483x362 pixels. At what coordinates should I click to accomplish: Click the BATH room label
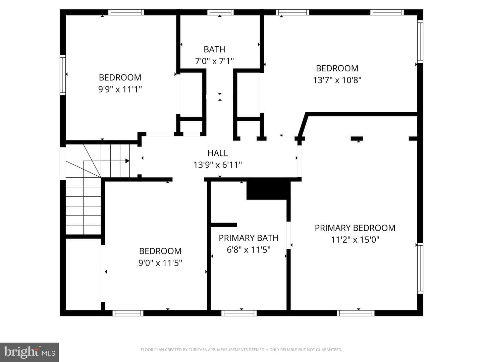(x=214, y=50)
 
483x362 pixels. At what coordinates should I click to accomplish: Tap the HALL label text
(x=218, y=153)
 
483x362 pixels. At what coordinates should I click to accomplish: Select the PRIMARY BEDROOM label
(x=355, y=228)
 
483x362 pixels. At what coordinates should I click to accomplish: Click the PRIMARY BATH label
(x=249, y=238)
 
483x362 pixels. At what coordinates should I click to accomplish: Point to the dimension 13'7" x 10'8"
(x=337, y=80)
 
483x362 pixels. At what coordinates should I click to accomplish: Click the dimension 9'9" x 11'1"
(x=120, y=89)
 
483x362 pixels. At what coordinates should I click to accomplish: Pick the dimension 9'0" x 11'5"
(x=160, y=263)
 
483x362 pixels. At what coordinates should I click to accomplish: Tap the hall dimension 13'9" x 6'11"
(x=218, y=165)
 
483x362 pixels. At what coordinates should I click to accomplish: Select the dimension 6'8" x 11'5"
(x=249, y=250)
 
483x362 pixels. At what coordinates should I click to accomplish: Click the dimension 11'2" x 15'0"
(x=355, y=240)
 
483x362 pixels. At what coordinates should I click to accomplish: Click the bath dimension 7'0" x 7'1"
(x=214, y=61)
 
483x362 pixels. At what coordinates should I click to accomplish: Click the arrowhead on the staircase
(x=127, y=161)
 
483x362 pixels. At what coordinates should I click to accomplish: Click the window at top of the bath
(x=220, y=12)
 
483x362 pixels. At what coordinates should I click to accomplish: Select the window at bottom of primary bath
(x=239, y=313)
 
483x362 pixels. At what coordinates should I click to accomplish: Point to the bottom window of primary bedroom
(x=356, y=313)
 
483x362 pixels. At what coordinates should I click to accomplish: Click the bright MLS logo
(x=29, y=352)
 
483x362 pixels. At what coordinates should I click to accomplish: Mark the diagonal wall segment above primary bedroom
(x=302, y=125)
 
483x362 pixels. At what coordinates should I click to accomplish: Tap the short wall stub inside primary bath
(x=224, y=225)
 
